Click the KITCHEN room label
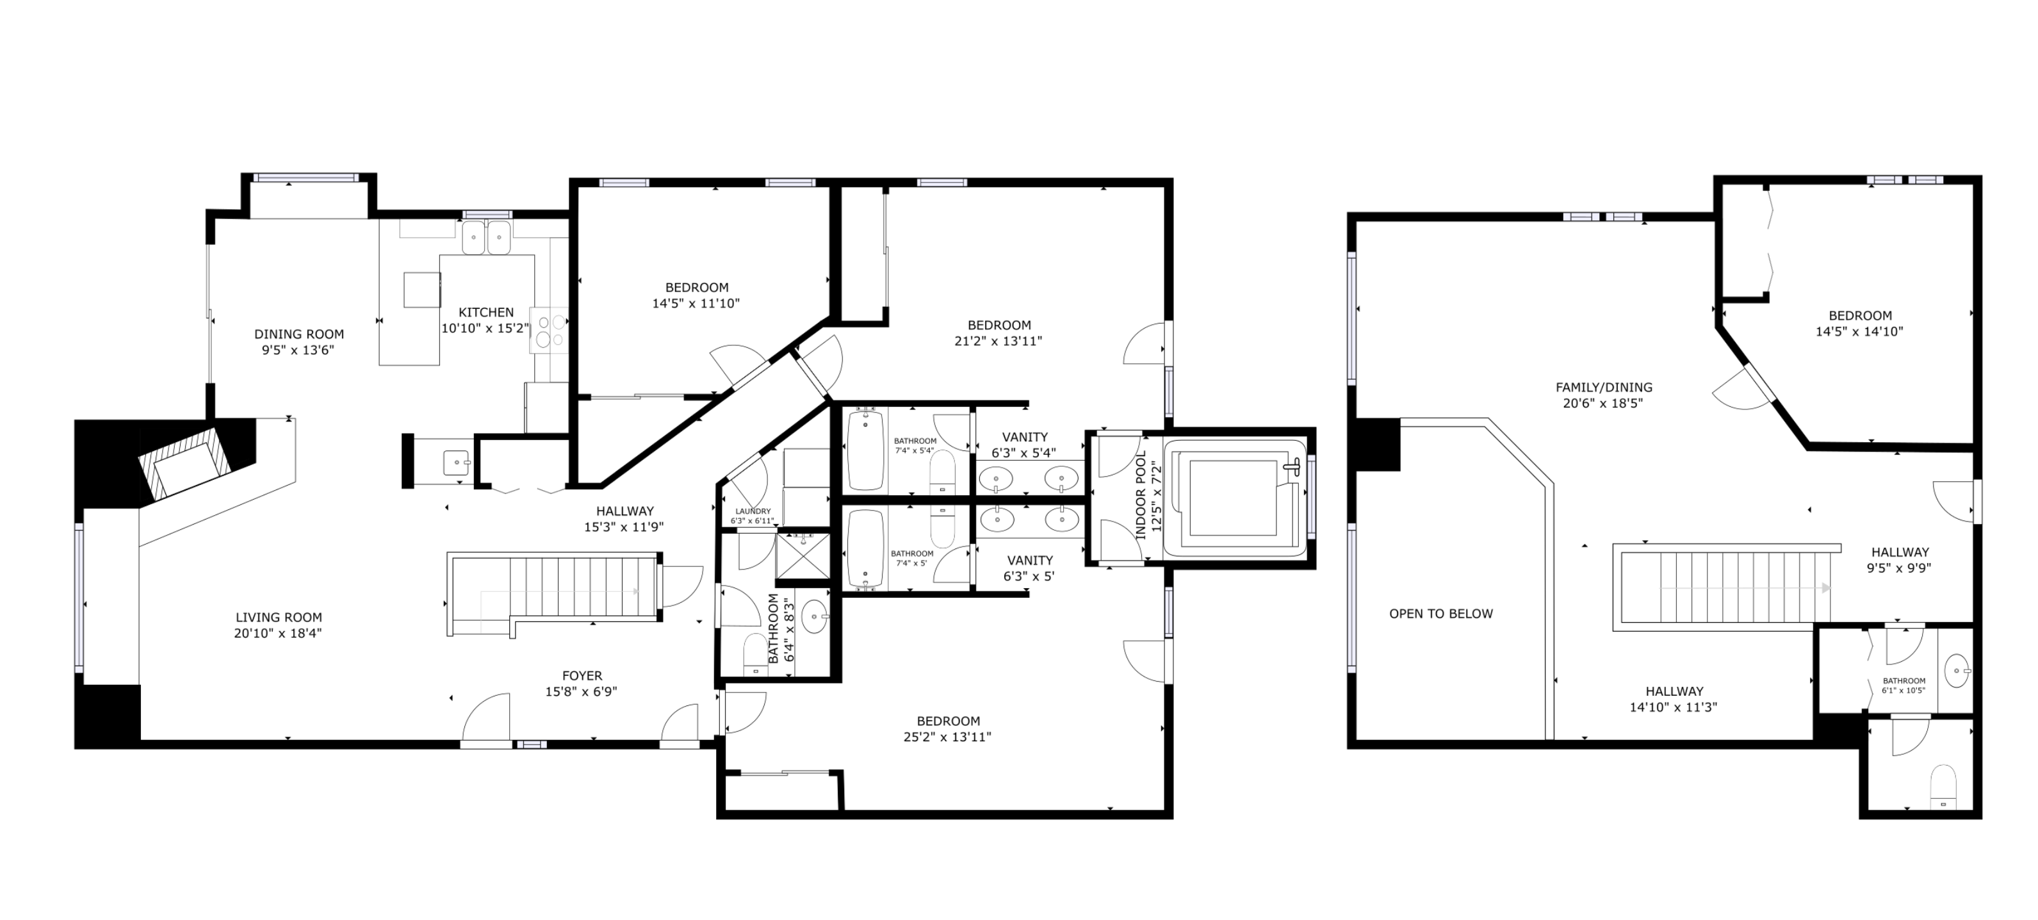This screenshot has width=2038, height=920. tap(485, 313)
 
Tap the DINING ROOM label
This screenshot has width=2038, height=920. tap(299, 334)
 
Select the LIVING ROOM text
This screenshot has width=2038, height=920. tap(279, 617)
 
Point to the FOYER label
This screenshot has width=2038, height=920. tap(582, 675)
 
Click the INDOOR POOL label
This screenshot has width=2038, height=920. tap(1141, 496)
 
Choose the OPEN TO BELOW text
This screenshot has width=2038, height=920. tap(1440, 613)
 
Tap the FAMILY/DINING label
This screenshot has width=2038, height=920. tap(1604, 387)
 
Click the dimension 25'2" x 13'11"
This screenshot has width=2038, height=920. tap(948, 737)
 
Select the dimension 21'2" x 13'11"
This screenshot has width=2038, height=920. tap(999, 341)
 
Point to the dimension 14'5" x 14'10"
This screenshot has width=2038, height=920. tap(1859, 331)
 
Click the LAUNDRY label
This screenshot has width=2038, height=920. tap(753, 511)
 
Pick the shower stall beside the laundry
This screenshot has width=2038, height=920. tap(803, 557)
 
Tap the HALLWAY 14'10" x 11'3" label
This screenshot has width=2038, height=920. tap(1674, 700)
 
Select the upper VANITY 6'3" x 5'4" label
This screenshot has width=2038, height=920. tap(1025, 445)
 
